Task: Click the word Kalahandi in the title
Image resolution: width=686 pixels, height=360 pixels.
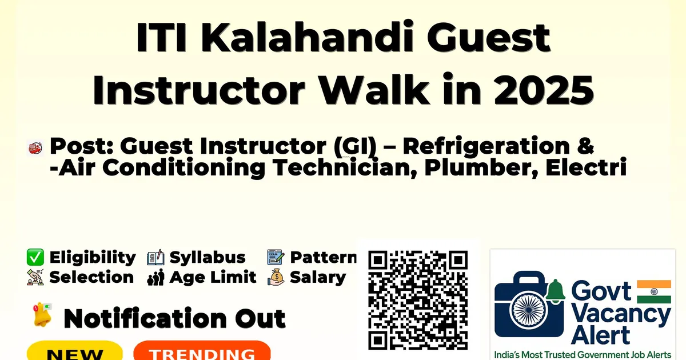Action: coord(306,37)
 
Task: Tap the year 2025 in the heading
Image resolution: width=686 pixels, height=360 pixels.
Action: coord(544,91)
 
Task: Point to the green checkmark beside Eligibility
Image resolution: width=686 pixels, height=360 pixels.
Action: coord(35,257)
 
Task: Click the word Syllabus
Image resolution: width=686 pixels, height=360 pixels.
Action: coord(208,257)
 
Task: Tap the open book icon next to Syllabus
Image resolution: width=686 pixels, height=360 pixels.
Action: coord(155,257)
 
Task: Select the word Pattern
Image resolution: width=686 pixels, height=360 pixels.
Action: coord(324,257)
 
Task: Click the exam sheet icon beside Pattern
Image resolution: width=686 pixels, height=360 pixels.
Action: coord(276,257)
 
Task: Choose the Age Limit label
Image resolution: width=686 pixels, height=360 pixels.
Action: coord(213,277)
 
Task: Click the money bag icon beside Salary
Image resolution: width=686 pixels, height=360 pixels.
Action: coord(276,277)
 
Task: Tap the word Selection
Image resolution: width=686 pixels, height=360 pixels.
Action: coord(91,277)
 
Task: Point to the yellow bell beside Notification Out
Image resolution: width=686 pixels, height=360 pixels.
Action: coord(42,314)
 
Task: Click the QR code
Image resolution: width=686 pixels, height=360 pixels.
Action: coord(418,300)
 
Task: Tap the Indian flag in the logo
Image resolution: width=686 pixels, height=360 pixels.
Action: coord(654,291)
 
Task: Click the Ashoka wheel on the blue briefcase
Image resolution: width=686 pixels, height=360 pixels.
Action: coord(529,310)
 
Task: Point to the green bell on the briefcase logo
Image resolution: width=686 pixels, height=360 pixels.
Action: coord(555,291)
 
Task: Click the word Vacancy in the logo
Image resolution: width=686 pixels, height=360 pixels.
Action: coord(621,315)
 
